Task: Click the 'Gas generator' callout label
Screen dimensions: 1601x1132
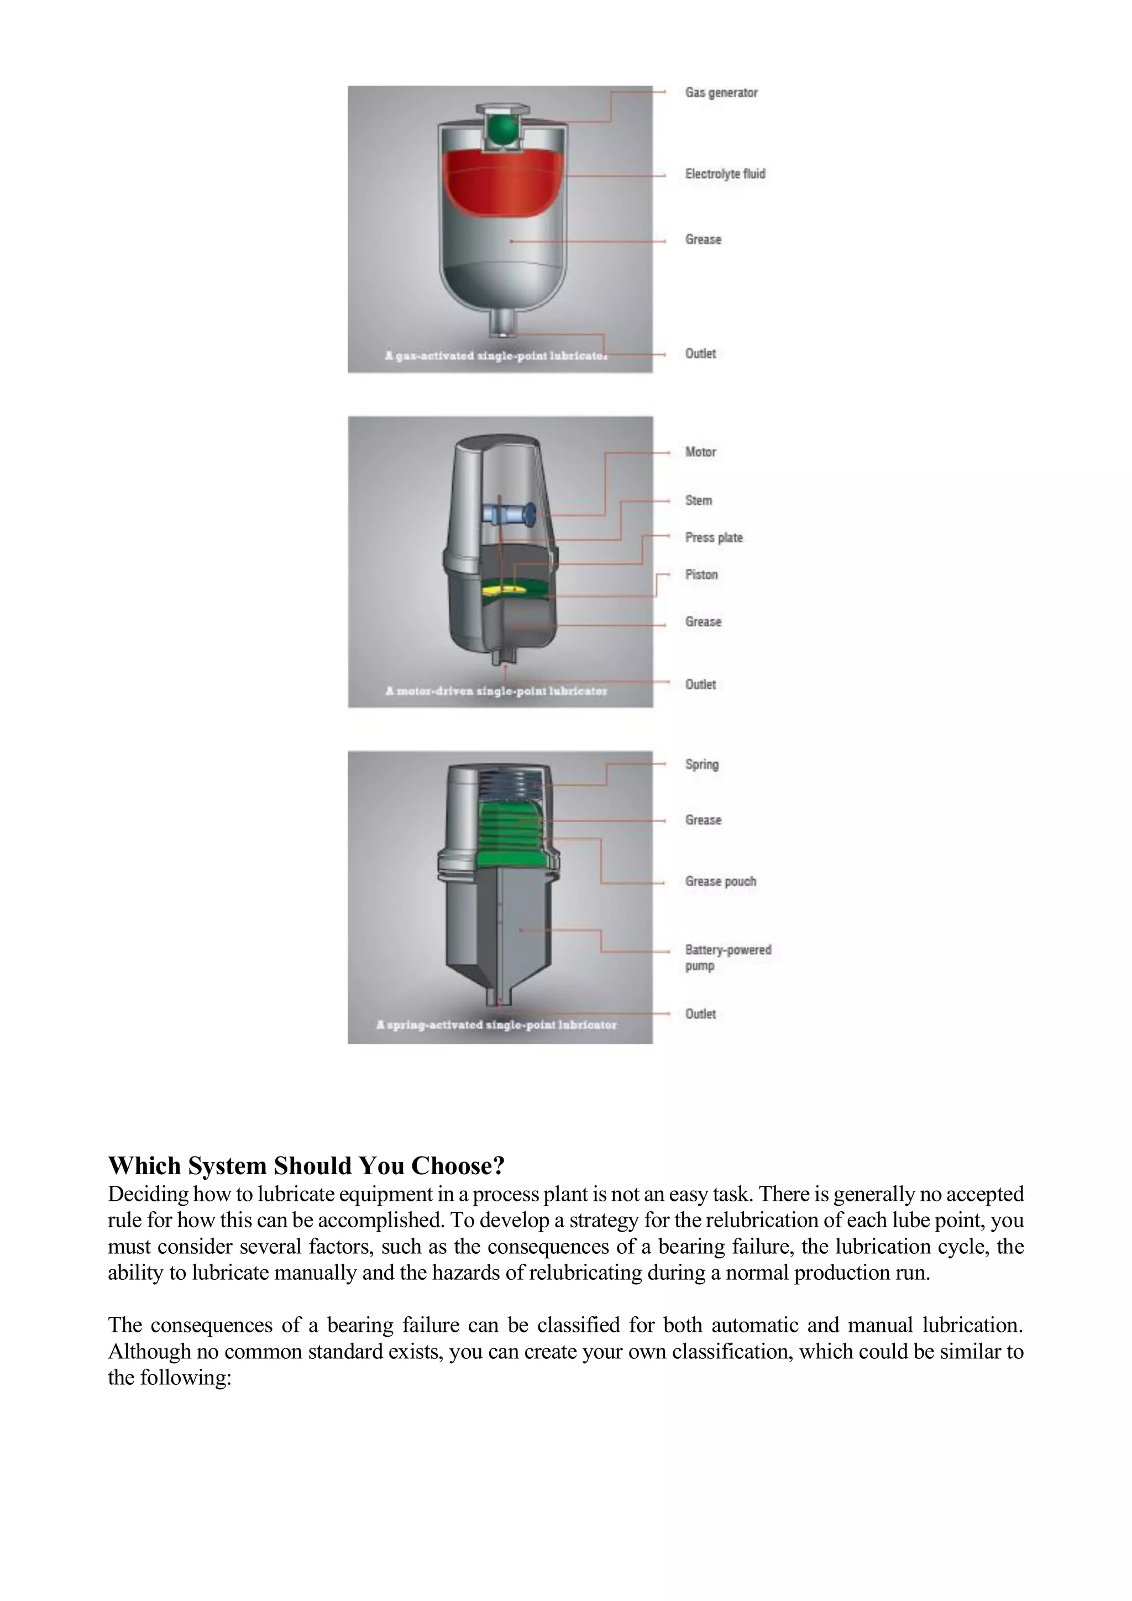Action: (x=721, y=93)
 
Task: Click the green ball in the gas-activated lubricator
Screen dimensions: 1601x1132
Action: (x=502, y=130)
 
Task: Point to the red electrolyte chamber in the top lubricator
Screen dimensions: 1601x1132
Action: (x=504, y=182)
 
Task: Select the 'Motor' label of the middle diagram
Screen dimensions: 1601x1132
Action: (x=700, y=452)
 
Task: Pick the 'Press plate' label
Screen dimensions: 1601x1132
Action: (x=713, y=537)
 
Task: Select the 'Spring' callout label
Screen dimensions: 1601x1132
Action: (x=701, y=764)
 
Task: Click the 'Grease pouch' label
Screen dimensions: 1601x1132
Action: (x=720, y=881)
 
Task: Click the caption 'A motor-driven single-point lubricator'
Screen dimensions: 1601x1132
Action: (x=496, y=691)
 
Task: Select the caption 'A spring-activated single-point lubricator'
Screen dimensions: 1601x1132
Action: (x=496, y=1025)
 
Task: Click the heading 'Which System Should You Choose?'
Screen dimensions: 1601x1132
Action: (x=306, y=1166)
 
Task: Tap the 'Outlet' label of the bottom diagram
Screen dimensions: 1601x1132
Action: (x=700, y=1014)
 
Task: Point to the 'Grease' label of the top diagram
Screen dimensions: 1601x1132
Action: (x=703, y=239)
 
